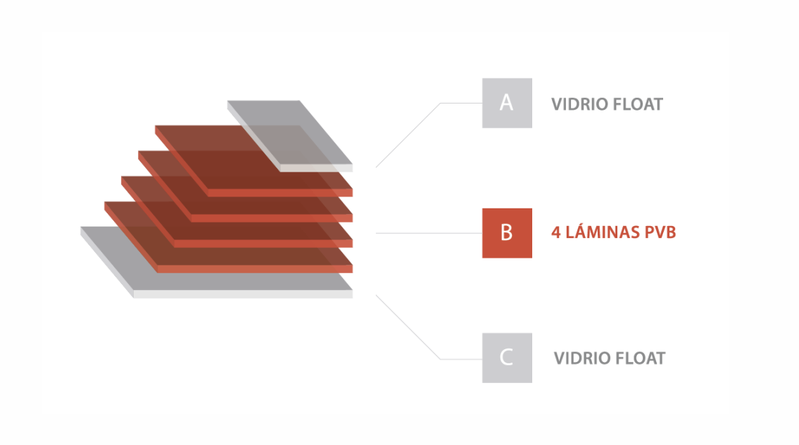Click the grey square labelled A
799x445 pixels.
pos(507,103)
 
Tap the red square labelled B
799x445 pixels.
pos(507,233)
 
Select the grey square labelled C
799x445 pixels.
pos(507,358)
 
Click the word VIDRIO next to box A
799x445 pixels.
pos(579,104)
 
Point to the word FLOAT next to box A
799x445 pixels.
pos(638,104)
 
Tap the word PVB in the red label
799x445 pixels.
pos(660,232)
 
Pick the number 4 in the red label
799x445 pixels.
pos(556,232)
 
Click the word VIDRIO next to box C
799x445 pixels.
pos(581,358)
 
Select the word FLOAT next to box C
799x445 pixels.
pos(640,358)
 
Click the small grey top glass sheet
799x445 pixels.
pos(289,136)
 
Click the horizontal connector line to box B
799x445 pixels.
pos(429,233)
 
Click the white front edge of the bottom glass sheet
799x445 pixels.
pos(243,294)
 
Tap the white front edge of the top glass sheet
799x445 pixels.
pos(316,168)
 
